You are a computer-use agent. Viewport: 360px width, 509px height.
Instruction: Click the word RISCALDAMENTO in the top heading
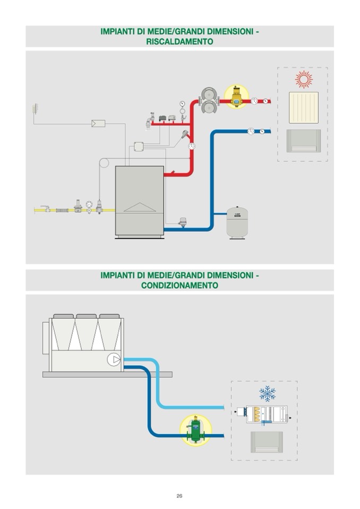pos(179,41)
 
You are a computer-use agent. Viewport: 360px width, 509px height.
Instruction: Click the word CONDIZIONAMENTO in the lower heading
pos(179,285)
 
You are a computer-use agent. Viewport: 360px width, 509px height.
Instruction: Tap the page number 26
pos(179,496)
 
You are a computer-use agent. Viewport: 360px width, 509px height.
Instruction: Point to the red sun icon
pos(303,80)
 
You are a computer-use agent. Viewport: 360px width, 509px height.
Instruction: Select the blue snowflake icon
pos(267,393)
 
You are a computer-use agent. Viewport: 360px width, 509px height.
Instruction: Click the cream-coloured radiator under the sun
pos(303,107)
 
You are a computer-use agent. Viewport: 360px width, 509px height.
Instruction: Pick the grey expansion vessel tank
pos(237,222)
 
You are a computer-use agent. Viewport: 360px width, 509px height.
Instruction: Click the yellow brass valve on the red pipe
pos(236,97)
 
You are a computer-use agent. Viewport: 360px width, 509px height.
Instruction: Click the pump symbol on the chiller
pos(114,359)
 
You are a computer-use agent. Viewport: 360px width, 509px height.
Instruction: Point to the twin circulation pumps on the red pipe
pos(208,100)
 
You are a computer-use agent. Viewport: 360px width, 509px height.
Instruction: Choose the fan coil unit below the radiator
pos(303,141)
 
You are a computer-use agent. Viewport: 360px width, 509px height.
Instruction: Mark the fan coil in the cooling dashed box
pos(267,442)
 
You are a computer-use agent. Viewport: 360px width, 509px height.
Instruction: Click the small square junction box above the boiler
pos(139,146)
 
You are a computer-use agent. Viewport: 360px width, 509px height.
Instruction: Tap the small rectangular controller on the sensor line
pos(98,124)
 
